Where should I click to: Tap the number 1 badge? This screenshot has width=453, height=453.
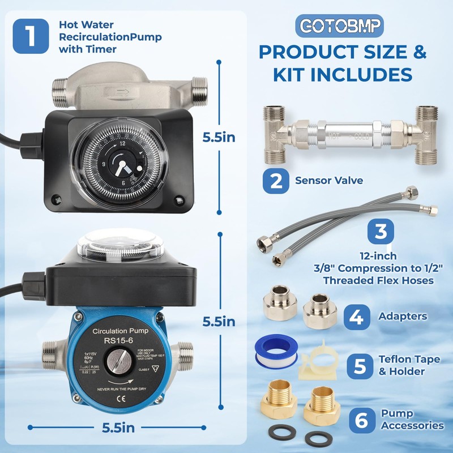coord(31,35)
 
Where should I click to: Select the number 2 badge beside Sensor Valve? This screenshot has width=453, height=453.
coord(276,181)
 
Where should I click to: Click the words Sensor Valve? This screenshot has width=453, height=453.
coord(322,181)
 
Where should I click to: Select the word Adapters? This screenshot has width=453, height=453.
coord(403,317)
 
